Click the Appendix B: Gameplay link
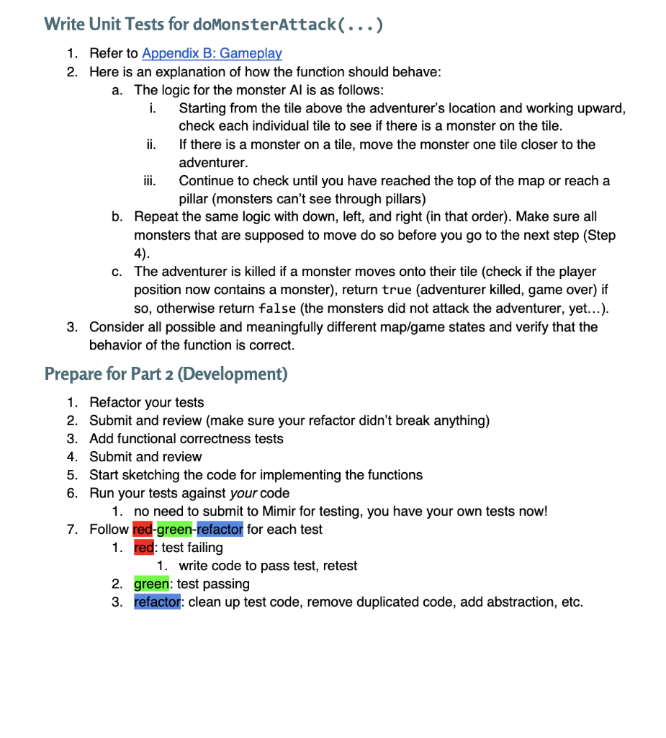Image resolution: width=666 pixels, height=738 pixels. pyautogui.click(x=212, y=53)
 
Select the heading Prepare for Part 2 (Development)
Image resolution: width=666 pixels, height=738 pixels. pyautogui.click(x=166, y=373)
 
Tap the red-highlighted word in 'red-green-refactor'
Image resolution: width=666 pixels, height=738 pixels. pyautogui.click(x=143, y=530)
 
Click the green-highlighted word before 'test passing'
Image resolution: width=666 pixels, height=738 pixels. pyautogui.click(x=153, y=584)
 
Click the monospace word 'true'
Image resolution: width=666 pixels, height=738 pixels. pyautogui.click(x=397, y=290)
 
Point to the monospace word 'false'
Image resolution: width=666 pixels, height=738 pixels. pyautogui.click(x=276, y=308)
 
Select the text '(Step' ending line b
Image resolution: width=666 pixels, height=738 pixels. pyautogui.click(x=600, y=236)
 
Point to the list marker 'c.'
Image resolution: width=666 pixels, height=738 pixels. pyautogui.click(x=117, y=272)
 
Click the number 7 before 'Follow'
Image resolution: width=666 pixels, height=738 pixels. pyautogui.click(x=71, y=530)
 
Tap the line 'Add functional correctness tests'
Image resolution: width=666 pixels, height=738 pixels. pyautogui.click(x=186, y=439)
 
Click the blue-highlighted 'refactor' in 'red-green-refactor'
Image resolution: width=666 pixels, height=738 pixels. pyautogui.click(x=220, y=530)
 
